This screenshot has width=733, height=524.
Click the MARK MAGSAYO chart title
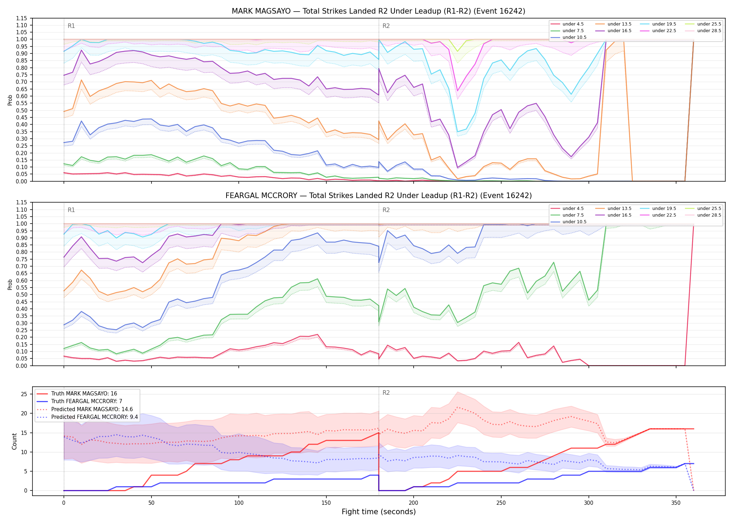click(378, 11)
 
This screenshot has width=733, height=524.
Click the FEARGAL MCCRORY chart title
click(378, 196)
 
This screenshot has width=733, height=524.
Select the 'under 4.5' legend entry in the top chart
click(567, 24)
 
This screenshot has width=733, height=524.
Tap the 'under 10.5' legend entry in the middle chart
click(569, 222)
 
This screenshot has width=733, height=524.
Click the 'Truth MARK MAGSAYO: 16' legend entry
click(77, 394)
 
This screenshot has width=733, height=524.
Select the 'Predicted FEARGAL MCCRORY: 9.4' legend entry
click(87, 417)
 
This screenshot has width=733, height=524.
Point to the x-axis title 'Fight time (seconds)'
click(379, 512)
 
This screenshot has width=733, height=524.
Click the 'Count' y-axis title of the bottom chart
click(14, 441)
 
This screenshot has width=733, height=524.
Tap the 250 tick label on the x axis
click(501, 503)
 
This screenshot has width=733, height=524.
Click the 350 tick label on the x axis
click(676, 503)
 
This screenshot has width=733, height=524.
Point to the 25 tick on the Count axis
click(24, 394)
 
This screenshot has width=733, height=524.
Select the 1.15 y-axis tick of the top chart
click(22, 18)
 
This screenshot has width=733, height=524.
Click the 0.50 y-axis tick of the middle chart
click(22, 295)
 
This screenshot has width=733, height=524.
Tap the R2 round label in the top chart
click(386, 26)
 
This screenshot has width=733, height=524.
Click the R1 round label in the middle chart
click(71, 210)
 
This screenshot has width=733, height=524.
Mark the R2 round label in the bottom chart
click(386, 393)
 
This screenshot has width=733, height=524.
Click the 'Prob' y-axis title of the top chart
click(10, 100)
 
